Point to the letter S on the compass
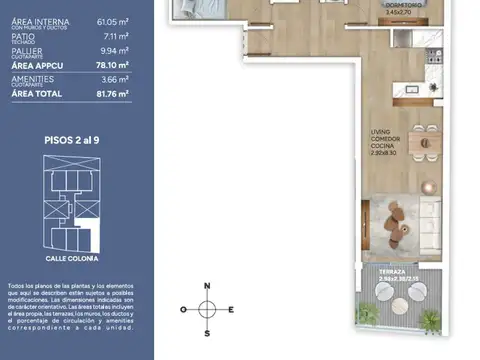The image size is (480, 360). [x=207, y=334]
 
